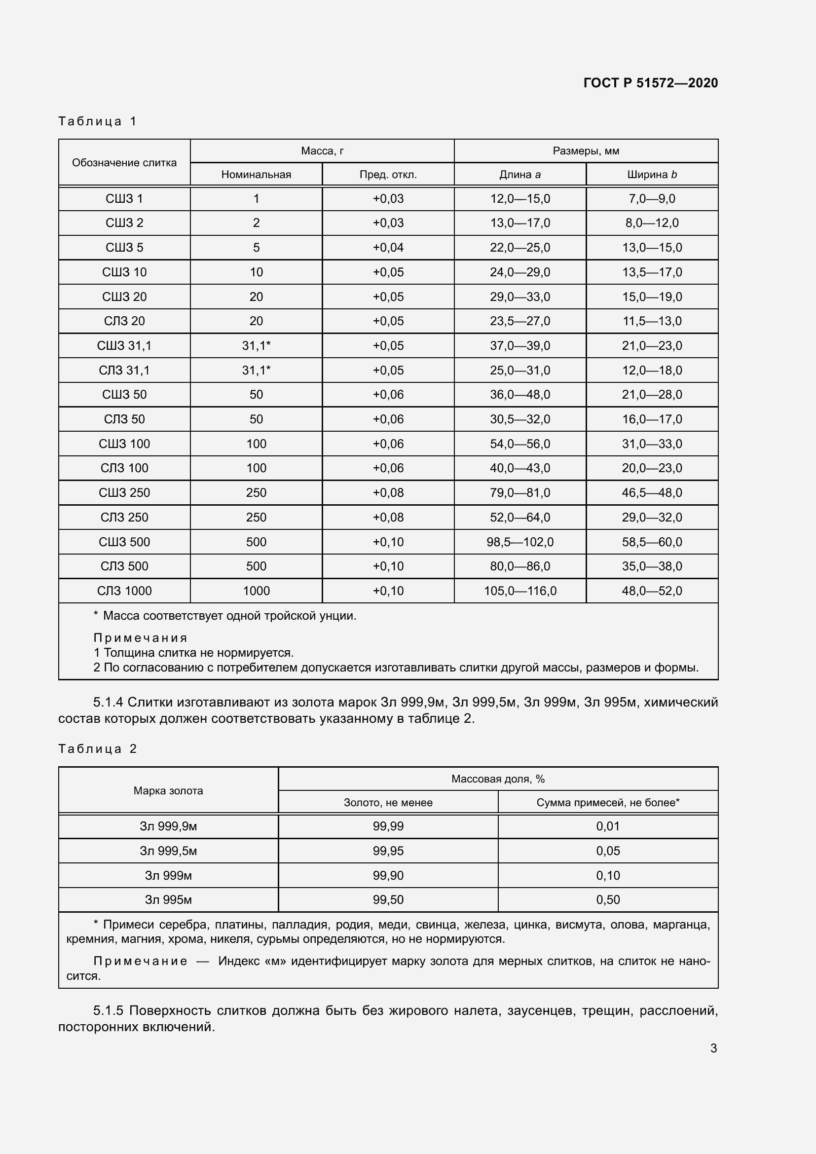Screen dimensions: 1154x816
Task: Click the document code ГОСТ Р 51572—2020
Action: click(650, 83)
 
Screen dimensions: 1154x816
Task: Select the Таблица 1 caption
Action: click(98, 121)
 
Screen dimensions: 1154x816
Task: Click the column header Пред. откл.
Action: click(388, 175)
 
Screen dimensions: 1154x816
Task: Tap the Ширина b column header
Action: click(652, 175)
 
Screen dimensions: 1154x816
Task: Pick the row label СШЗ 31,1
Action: click(124, 346)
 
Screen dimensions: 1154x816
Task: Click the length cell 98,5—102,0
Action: click(520, 542)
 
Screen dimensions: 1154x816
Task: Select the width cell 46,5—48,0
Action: click(652, 492)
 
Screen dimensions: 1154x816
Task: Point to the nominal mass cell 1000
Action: click(256, 591)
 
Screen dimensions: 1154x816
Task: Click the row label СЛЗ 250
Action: click(124, 517)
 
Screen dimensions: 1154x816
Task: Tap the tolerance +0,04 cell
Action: click(388, 248)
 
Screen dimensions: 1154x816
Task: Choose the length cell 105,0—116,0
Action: click(520, 591)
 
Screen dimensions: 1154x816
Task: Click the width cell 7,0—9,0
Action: click(652, 199)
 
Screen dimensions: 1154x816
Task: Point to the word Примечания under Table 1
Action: click(140, 638)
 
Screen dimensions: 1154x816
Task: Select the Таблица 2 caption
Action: click(98, 749)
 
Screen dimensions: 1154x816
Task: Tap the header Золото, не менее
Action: click(388, 803)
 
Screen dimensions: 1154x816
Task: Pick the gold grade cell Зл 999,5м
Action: click(168, 851)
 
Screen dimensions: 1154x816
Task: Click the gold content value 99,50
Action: click(388, 900)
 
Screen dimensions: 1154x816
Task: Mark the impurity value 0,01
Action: click(607, 826)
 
